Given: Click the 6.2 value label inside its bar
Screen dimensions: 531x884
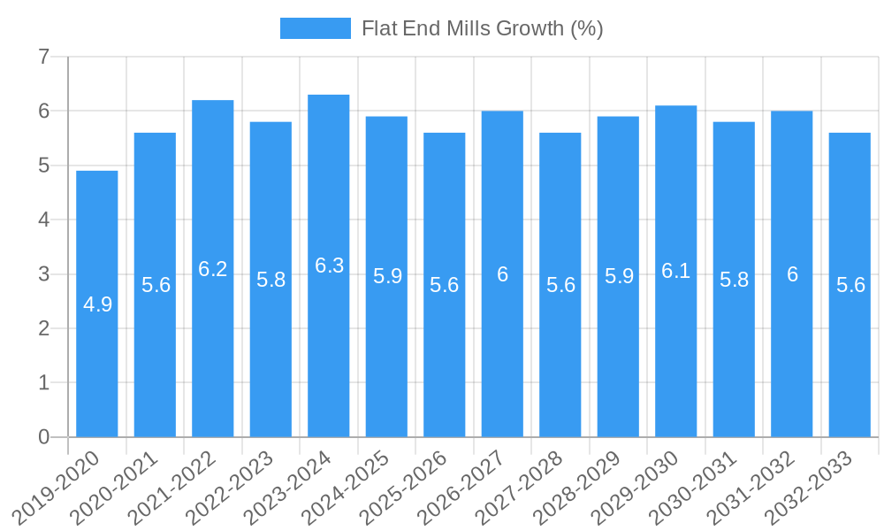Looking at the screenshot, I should pos(213,269).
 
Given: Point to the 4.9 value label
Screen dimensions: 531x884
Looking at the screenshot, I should pos(97,304).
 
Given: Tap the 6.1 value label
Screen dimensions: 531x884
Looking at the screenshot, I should pos(676,271).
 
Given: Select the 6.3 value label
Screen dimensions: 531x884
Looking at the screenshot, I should pos(329,265).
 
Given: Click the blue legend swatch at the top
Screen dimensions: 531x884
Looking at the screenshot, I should pos(315,28).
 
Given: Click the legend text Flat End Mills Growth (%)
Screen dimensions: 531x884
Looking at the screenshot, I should pos(483,28).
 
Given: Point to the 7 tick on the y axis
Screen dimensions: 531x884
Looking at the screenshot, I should pos(44,57).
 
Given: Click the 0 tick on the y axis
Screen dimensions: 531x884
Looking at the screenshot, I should pos(44,437).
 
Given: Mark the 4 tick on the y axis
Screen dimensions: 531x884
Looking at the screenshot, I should pos(44,219).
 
